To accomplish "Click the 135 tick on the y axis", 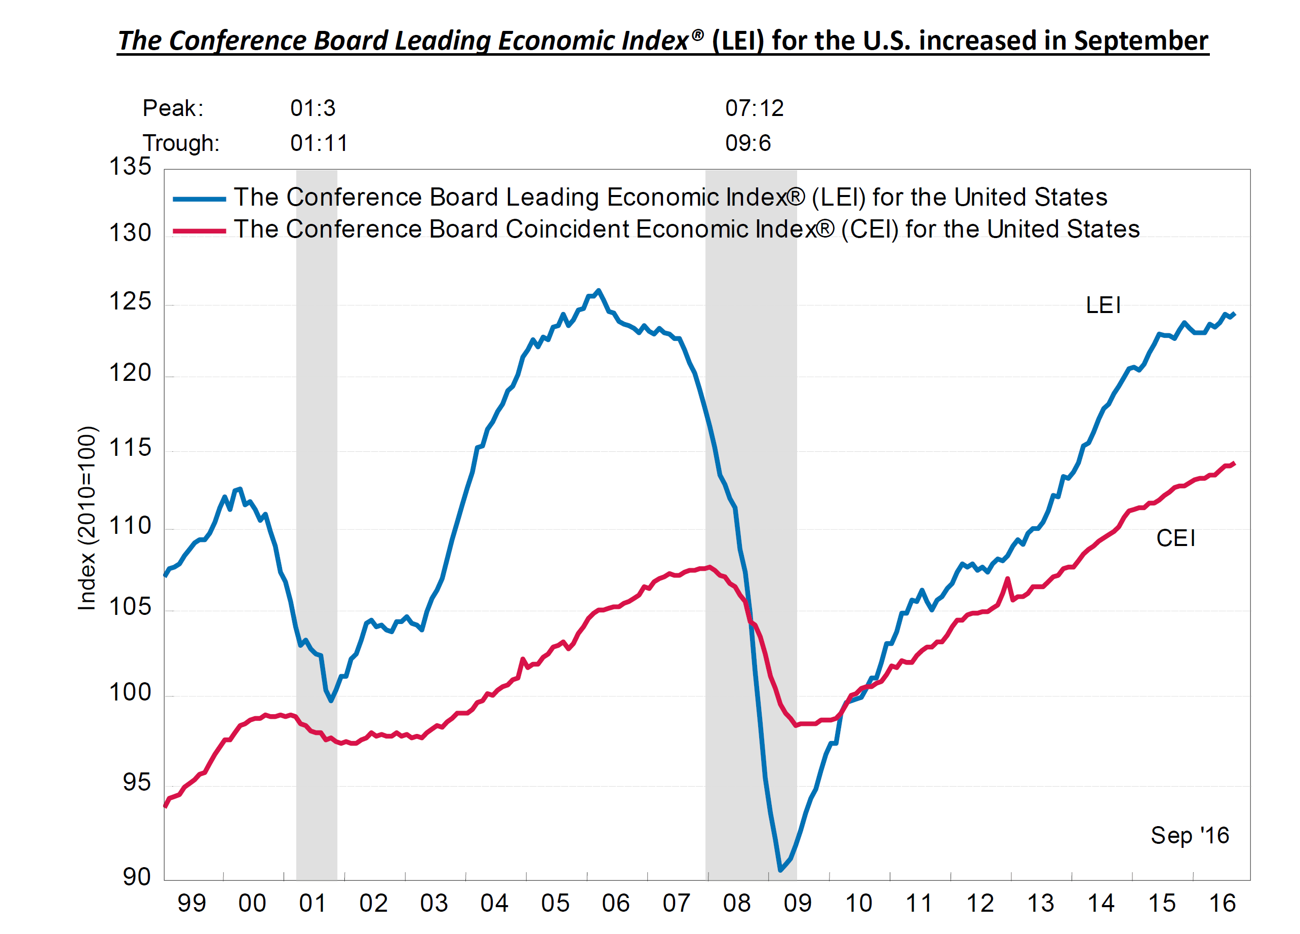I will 130,166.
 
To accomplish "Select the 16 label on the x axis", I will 1222,904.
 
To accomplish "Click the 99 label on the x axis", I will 191,904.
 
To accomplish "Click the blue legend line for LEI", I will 199,199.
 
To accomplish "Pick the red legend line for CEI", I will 199,231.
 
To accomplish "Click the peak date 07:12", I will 754,108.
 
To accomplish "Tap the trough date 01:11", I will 319,143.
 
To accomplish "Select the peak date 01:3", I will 312,108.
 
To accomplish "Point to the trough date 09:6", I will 747,143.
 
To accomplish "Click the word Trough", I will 181,143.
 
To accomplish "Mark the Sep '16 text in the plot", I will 1190,835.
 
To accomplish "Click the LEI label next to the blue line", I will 1103,305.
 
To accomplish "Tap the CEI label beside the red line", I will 1175,538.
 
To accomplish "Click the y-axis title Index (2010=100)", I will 87,518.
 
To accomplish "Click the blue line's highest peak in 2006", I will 599,291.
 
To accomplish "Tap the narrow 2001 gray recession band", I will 317,516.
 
